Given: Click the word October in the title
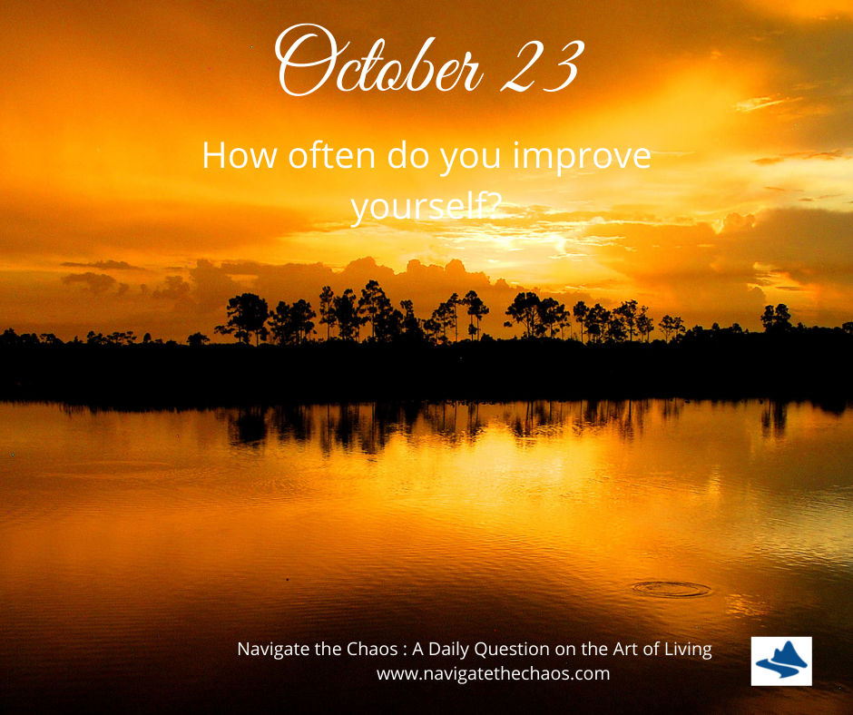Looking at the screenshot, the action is (379, 61).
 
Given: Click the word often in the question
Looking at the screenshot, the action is (332, 155).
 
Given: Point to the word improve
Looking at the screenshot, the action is (582, 158).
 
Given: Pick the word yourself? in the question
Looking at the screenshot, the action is (426, 207).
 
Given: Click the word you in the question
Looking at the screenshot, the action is (471, 159).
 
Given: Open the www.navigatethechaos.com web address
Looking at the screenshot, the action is (494, 673).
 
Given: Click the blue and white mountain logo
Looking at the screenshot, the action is (781, 661).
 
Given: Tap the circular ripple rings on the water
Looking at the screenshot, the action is (672, 589).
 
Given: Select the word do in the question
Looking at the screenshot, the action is (407, 155).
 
